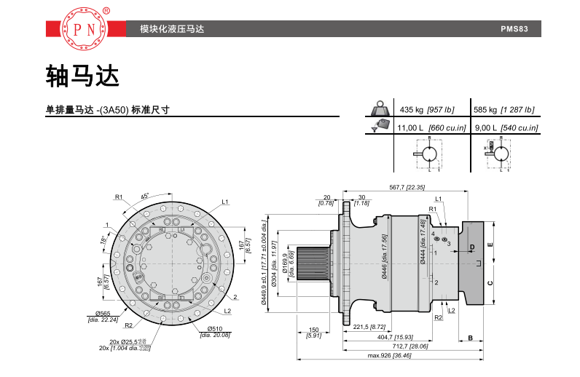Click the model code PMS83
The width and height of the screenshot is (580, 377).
pos(520,30)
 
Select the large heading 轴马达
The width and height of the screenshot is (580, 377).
pos(82,75)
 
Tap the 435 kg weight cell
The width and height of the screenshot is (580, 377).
pos(427,109)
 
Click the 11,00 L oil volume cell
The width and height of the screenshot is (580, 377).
pos(426,127)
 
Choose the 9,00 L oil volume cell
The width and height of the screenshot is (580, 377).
pos(505,127)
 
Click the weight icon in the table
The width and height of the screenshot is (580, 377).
pos(379,108)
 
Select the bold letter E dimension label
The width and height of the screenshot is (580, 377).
pos(490,245)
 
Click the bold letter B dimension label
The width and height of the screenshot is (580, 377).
pos(471,338)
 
